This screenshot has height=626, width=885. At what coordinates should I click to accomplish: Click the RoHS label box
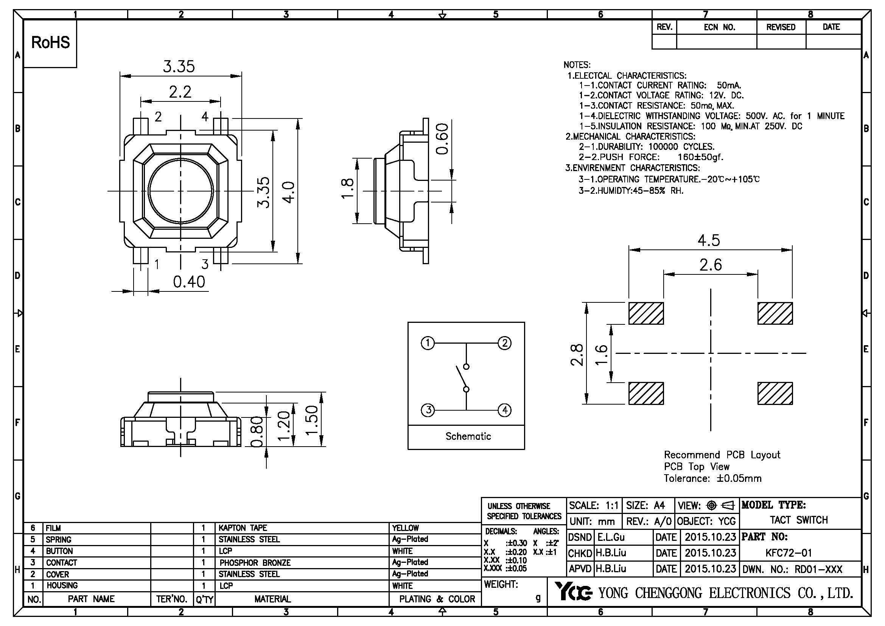click(x=50, y=43)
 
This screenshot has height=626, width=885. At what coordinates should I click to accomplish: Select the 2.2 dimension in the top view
click(x=180, y=92)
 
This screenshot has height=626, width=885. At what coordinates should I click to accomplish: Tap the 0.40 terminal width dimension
click(x=189, y=282)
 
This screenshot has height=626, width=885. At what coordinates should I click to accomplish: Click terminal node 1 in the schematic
click(x=428, y=343)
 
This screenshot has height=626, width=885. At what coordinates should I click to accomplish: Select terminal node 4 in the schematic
click(x=505, y=410)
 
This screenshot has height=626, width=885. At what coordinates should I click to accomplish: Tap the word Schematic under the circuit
click(x=468, y=436)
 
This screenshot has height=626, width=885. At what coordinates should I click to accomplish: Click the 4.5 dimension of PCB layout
click(x=708, y=241)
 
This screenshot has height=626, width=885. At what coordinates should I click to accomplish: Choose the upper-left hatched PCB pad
click(x=646, y=313)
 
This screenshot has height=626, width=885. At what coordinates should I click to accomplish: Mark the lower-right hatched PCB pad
click(x=775, y=394)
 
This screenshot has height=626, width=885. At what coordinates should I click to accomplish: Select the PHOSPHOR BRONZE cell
click(x=255, y=562)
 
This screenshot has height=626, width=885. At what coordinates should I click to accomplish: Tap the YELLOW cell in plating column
click(x=405, y=528)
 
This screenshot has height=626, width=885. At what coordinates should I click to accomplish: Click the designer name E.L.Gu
click(x=611, y=537)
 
